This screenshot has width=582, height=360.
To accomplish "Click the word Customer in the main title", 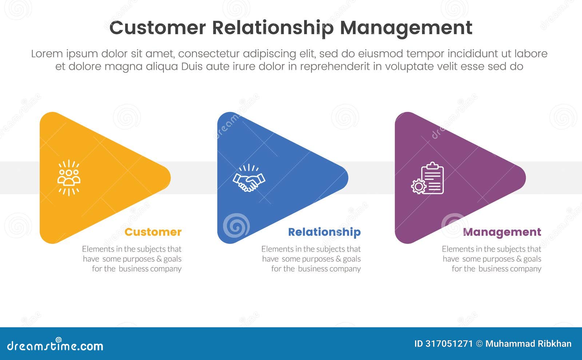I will (x=158, y=28).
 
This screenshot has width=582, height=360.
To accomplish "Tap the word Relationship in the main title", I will (x=272, y=28).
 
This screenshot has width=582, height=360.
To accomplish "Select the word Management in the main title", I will (x=406, y=28).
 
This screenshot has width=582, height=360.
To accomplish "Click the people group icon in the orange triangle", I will (x=69, y=178).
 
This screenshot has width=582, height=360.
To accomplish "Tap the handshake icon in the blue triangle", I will (x=249, y=178).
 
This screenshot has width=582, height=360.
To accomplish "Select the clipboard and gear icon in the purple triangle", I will (x=428, y=178).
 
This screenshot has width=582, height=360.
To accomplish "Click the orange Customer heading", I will (x=153, y=232).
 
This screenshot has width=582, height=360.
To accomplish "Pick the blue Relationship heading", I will (x=324, y=232).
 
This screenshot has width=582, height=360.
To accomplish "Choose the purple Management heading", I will (x=502, y=232).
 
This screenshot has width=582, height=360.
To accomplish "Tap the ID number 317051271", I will (x=449, y=344).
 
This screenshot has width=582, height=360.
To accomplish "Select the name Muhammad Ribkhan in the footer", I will (x=528, y=344).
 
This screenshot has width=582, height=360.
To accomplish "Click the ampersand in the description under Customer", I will (x=159, y=259).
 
